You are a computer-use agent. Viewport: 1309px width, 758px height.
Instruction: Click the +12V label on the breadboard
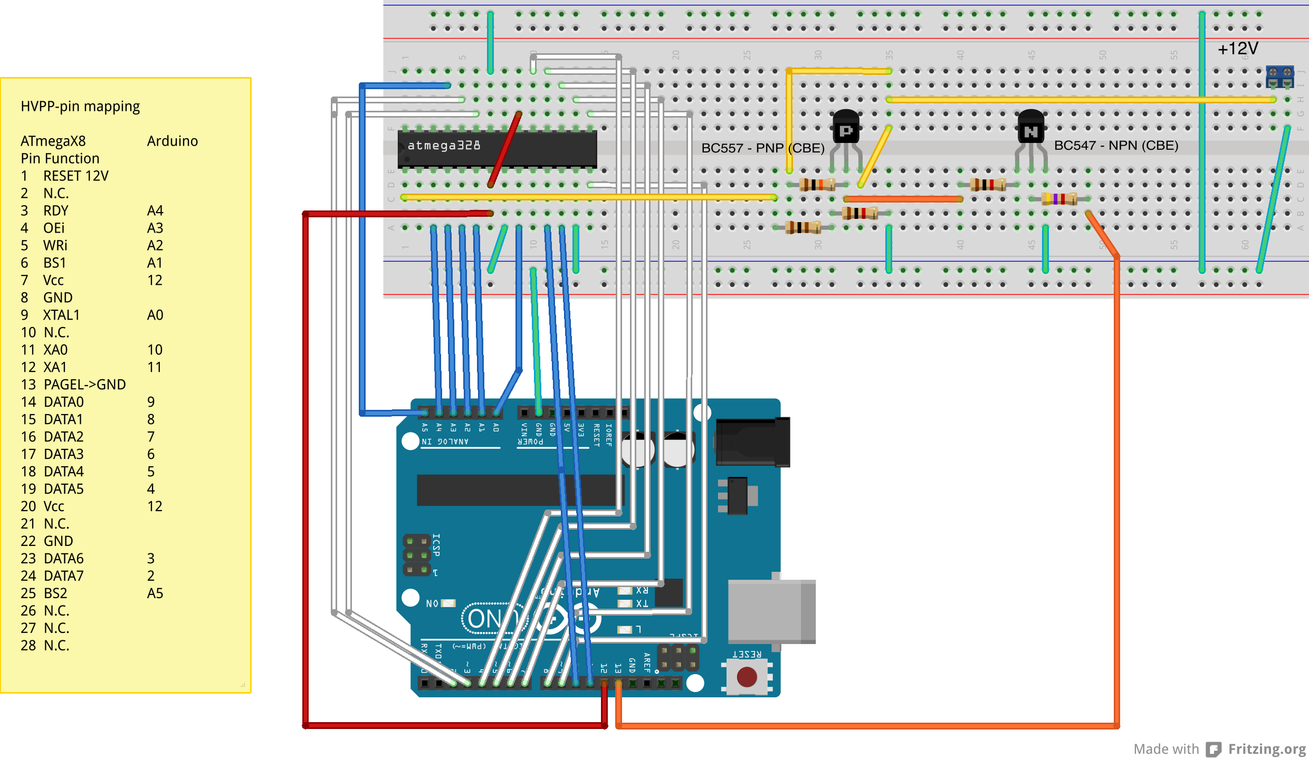click(x=1237, y=49)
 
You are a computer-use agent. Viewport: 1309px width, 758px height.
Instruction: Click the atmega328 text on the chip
click(x=444, y=146)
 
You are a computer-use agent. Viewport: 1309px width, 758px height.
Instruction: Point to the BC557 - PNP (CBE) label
click(x=762, y=148)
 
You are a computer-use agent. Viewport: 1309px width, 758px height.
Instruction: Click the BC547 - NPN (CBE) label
click(x=1116, y=146)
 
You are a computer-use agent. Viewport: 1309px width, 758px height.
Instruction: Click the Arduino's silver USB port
click(x=771, y=611)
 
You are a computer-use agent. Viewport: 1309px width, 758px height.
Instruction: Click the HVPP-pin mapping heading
click(x=80, y=107)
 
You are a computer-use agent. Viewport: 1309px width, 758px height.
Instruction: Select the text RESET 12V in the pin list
click(x=75, y=176)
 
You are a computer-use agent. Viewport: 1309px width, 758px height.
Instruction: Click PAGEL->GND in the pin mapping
click(x=84, y=385)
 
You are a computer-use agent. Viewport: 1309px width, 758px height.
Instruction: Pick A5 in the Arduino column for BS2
click(x=155, y=593)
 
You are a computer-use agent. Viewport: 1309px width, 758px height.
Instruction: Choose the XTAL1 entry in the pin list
click(x=61, y=315)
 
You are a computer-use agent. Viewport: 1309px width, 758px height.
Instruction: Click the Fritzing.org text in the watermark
click(x=1266, y=749)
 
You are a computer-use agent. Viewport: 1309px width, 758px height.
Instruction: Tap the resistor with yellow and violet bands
click(x=1059, y=199)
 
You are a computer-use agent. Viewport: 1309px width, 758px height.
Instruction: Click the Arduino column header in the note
click(x=173, y=141)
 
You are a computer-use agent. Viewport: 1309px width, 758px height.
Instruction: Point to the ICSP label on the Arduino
click(x=436, y=545)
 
